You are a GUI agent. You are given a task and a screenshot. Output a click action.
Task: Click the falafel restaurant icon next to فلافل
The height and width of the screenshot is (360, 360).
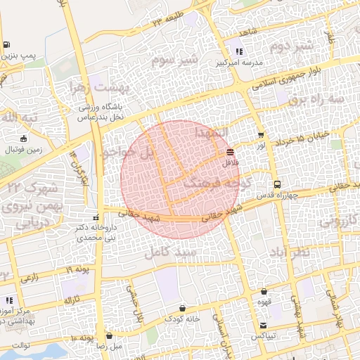click(x=231, y=151)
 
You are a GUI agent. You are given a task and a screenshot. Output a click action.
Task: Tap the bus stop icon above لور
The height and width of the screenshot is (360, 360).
click(x=262, y=135)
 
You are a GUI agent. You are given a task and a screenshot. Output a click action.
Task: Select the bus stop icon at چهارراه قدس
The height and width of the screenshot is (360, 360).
click(x=277, y=184)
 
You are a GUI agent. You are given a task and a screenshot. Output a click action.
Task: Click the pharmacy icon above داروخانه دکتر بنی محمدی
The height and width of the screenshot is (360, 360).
click(x=96, y=217)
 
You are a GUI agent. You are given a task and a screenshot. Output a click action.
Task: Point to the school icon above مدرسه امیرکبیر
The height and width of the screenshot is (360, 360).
click(x=240, y=51)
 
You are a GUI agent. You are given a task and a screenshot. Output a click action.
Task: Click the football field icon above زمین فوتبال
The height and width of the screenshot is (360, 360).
click(x=25, y=139)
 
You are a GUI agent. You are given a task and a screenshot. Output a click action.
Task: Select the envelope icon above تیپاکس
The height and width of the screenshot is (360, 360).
click(x=263, y=325)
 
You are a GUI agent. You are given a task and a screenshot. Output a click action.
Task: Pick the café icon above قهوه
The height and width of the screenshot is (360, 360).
click(x=264, y=292)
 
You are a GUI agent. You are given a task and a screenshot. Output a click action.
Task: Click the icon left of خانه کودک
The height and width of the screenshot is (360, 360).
click(x=183, y=308)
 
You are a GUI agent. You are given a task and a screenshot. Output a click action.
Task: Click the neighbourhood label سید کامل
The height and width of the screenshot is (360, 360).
click(x=168, y=251)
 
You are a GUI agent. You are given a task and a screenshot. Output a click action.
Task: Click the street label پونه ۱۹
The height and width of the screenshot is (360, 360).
click(x=79, y=270)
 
